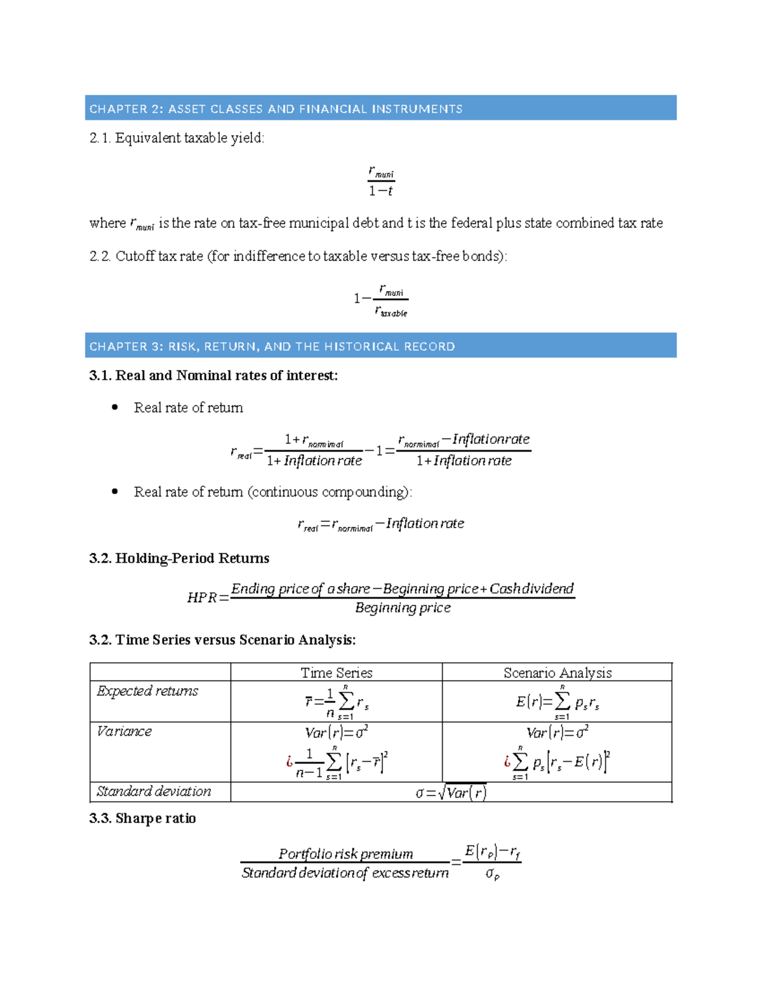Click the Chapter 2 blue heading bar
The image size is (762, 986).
[380, 108]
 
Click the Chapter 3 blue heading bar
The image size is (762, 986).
[380, 345]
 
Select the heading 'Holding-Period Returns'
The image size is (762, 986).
[192, 558]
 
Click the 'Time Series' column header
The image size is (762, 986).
[336, 672]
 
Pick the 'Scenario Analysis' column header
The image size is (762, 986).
[557, 672]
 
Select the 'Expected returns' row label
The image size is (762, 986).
[147, 691]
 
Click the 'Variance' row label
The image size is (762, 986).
[124, 731]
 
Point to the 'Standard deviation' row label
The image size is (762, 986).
[154, 791]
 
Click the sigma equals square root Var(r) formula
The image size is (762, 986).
[451, 792]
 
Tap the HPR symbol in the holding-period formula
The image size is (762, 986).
[202, 597]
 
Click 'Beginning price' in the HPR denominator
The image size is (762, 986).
[403, 608]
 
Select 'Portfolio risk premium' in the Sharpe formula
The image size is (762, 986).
[345, 853]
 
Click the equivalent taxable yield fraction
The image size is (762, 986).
[381, 181]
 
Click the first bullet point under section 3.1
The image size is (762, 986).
[115, 408]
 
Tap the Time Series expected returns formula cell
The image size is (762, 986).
[337, 702]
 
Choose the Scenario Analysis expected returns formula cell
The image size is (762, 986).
[557, 702]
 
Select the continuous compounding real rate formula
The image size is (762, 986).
[381, 524]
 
